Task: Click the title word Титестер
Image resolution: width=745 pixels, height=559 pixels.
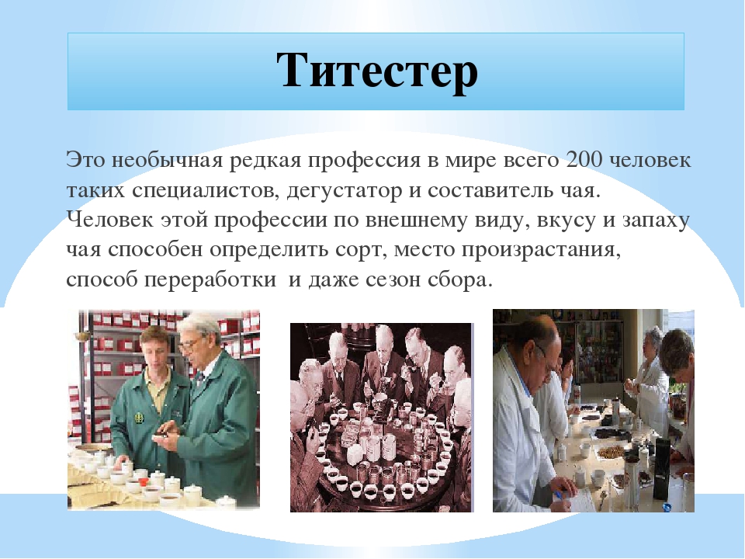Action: click(377, 71)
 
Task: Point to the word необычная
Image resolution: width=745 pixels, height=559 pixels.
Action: click(168, 160)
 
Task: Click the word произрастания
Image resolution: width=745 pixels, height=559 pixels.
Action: click(541, 250)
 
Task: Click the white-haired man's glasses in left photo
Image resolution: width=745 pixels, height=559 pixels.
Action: click(191, 343)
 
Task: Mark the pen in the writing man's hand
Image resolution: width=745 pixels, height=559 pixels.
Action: click(558, 495)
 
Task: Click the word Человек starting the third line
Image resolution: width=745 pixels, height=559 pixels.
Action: click(110, 220)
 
